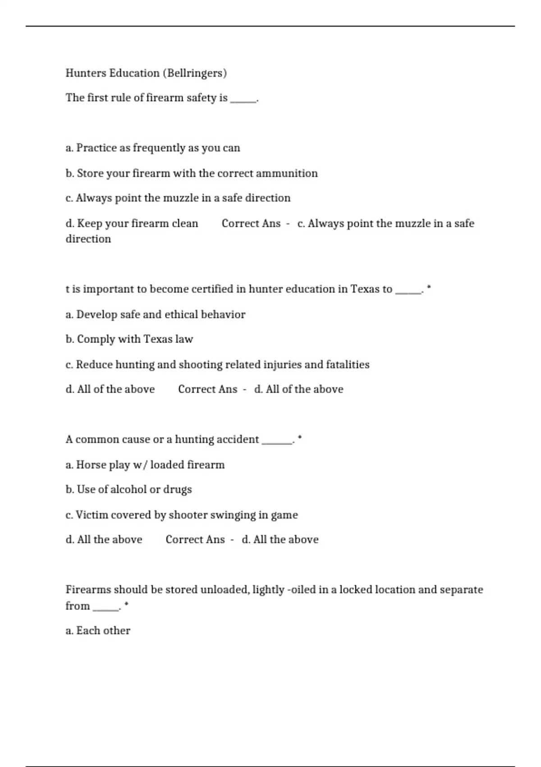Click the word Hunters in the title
pyautogui.click(x=86, y=73)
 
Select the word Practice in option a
pyautogui.click(x=96, y=148)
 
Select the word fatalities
pyautogui.click(x=348, y=365)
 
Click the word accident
pyautogui.click(x=238, y=439)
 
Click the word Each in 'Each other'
pyautogui.click(x=88, y=630)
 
